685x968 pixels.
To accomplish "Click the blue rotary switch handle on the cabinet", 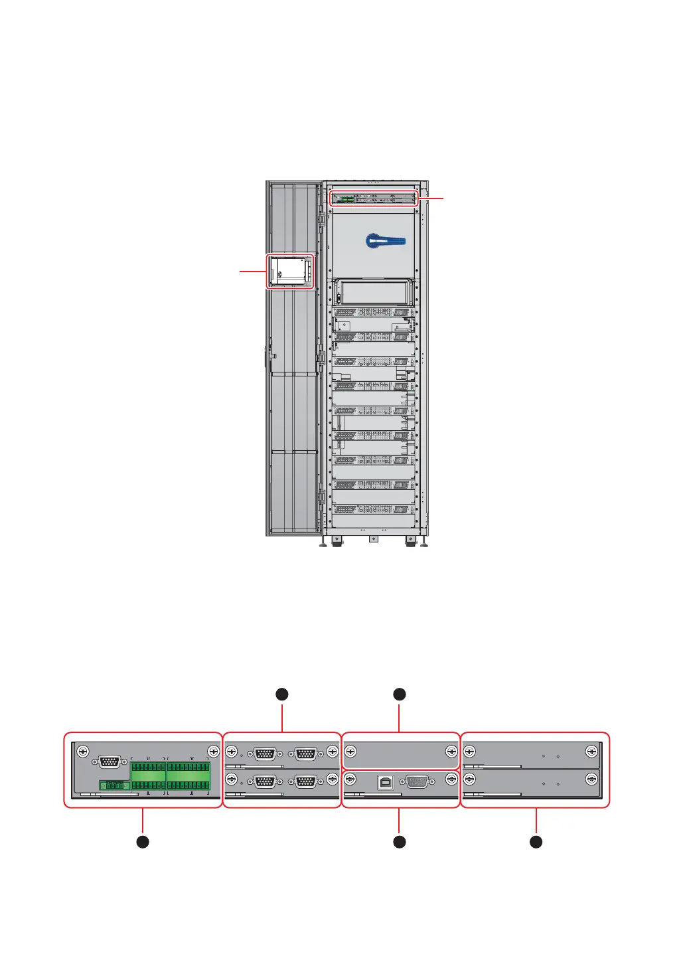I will tap(386, 240).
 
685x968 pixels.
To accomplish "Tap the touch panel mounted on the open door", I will tap(290, 271).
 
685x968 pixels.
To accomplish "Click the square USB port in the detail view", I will tap(386, 783).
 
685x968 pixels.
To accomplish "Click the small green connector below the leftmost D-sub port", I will tap(114, 785).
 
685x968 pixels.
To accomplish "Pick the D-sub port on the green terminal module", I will tap(110, 762).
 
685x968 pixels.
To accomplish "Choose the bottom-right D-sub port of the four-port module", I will tap(305, 781).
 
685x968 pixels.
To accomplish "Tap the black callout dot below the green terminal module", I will tap(143, 842).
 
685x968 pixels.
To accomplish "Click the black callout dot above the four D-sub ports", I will tap(282, 694).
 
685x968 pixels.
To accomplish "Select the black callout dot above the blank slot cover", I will tap(399, 694).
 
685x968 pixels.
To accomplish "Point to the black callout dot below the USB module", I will tap(399, 842).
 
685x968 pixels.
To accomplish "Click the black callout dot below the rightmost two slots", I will tap(536, 842).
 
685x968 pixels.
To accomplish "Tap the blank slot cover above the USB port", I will tap(400, 753).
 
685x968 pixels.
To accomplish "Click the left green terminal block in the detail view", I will tap(148, 775).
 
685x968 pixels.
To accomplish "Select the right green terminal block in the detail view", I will tap(189, 775).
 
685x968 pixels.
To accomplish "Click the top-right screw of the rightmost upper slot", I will tap(591, 752).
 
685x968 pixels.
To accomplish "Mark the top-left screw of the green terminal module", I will tap(82, 752).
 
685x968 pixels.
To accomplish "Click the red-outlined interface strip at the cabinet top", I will tap(374, 198).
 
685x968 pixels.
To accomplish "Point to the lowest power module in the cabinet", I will tap(373, 509).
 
